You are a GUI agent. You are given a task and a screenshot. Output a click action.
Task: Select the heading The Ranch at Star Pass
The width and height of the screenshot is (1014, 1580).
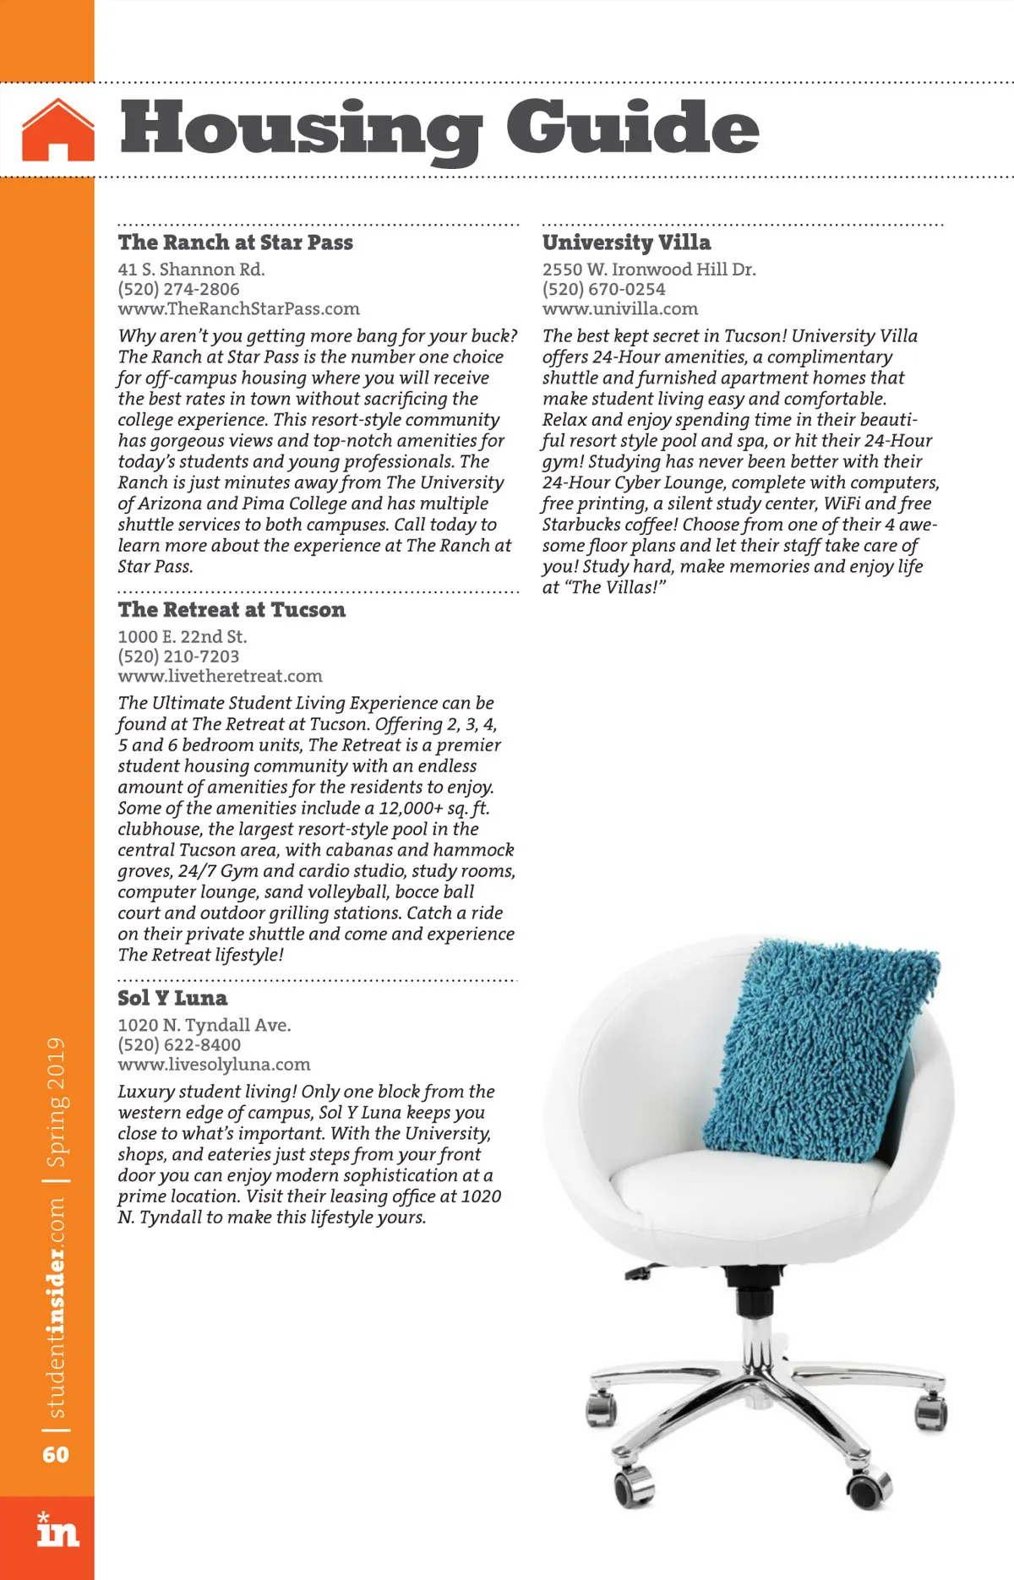coord(236,242)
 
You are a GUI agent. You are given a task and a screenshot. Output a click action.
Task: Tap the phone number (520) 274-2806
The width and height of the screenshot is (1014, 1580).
coord(178,289)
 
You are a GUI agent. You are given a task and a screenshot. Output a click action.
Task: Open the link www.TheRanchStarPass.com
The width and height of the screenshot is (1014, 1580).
coord(238,308)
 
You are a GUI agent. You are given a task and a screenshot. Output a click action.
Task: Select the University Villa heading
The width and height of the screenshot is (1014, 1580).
coord(626,242)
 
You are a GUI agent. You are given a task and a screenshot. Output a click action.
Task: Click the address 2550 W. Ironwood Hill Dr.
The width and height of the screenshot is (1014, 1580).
coord(649,270)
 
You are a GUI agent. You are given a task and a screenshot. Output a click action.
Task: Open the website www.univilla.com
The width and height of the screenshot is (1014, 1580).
coord(620,308)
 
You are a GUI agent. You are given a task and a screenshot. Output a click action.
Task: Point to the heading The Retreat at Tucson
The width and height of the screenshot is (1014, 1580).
coord(232,610)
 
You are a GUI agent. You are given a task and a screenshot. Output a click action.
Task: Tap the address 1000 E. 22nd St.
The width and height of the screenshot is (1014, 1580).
coord(183,637)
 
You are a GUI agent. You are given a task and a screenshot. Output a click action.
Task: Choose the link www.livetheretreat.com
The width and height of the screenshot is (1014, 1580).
coord(220,676)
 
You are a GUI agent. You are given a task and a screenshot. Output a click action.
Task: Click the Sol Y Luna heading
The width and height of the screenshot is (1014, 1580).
coord(172,998)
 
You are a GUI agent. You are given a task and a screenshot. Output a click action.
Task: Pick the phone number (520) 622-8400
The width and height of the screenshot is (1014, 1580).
coord(179,1045)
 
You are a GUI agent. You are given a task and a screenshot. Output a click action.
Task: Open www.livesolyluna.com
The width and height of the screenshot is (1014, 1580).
coord(214,1065)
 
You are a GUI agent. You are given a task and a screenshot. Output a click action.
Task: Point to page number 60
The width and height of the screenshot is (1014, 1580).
coord(56,1454)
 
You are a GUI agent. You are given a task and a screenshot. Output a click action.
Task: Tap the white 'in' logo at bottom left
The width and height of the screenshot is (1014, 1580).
coord(57,1528)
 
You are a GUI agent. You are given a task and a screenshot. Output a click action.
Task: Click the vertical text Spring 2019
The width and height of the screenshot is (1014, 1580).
coord(57,1102)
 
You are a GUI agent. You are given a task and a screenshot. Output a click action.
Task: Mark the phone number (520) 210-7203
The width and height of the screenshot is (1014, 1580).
coord(178,657)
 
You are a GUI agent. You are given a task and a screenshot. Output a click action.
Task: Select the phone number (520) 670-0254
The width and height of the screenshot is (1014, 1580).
coord(603,289)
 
